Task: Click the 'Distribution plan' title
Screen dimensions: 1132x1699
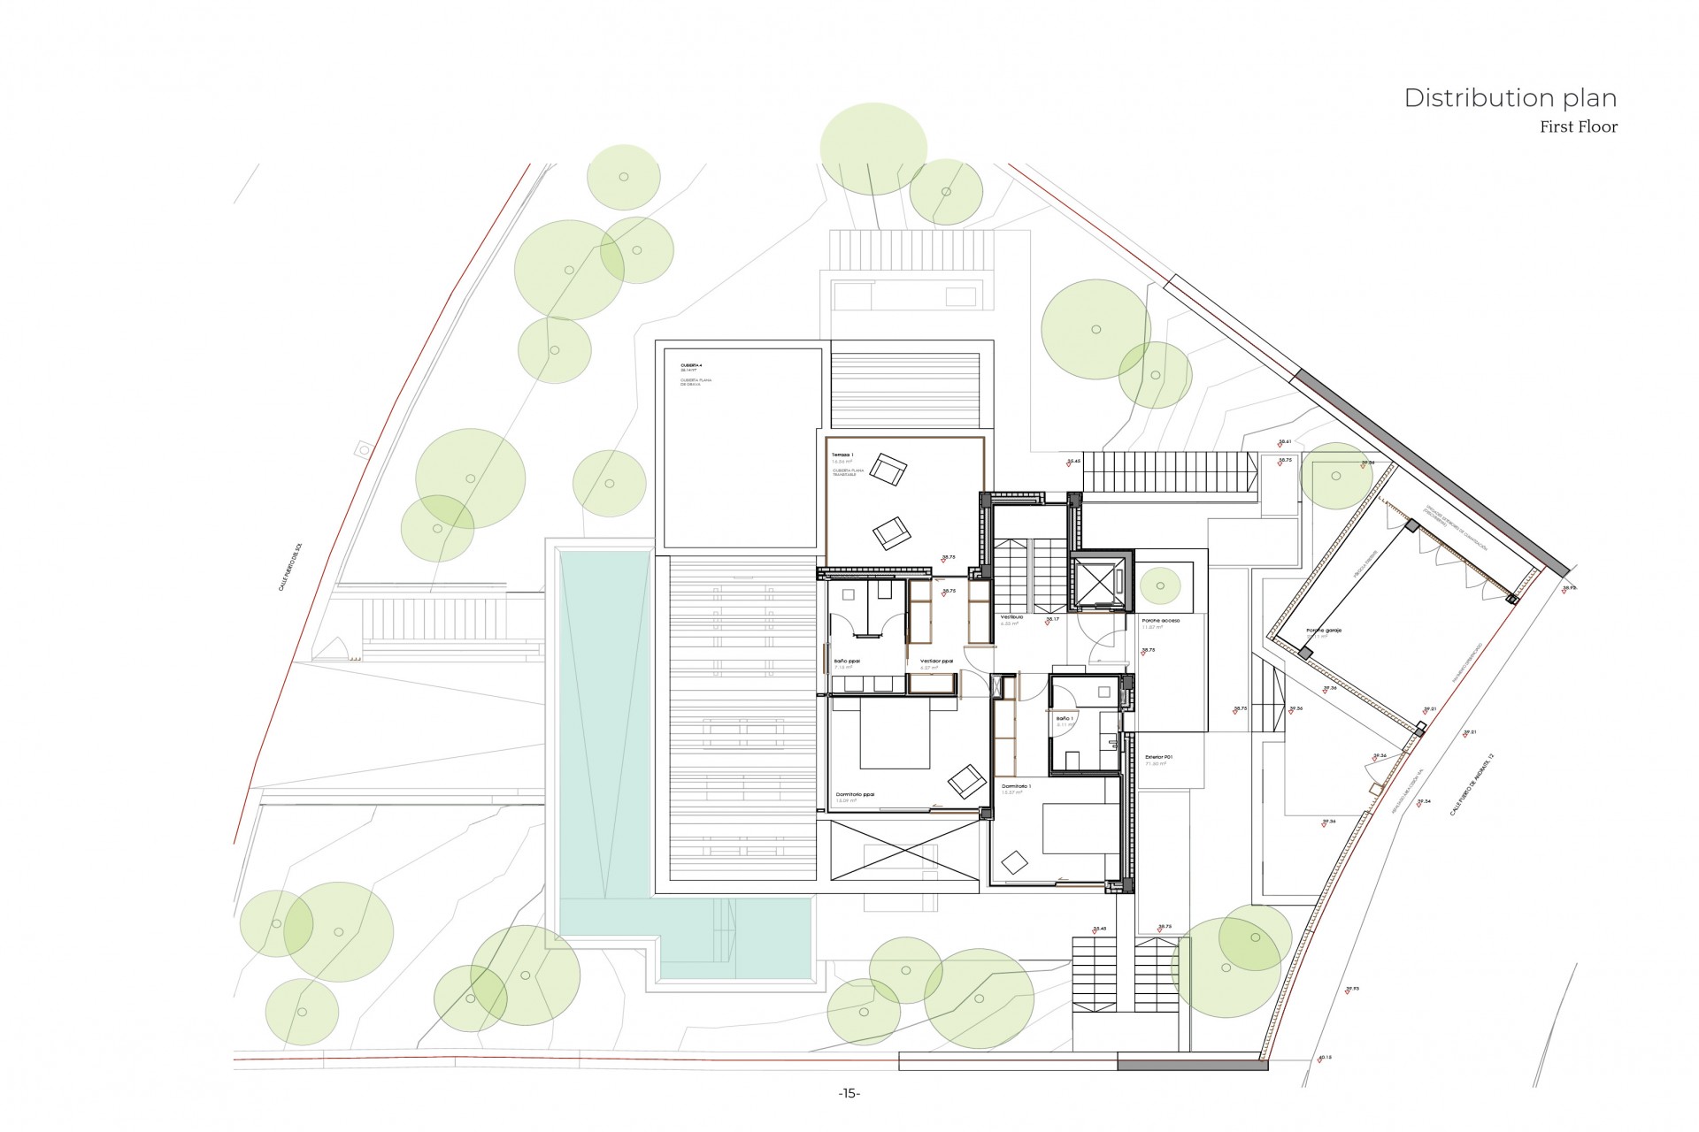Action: coord(1510,98)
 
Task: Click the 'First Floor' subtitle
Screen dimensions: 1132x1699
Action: coord(1578,127)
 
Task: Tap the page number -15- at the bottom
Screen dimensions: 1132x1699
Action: coord(849,1094)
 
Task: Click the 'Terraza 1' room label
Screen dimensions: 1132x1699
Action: coord(842,455)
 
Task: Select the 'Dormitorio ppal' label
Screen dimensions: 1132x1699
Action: coord(855,794)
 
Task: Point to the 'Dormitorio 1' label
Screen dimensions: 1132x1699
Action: coord(1016,785)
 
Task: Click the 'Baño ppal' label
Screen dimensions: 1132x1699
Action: coord(846,661)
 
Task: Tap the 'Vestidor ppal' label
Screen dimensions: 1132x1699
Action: coord(935,661)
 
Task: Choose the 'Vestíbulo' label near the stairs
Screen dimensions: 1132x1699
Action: coord(1011,616)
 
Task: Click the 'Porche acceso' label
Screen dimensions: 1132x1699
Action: coord(1160,621)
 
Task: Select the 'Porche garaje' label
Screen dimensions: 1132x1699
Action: coord(1324,631)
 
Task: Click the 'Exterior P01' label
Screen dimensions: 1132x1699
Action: coord(1158,757)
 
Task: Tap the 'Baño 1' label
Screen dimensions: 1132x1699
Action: coord(1064,718)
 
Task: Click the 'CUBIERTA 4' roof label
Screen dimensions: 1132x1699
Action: coord(691,365)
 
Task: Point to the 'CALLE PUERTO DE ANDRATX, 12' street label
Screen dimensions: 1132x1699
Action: coord(1471,784)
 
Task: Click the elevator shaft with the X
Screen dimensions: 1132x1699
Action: coord(1100,581)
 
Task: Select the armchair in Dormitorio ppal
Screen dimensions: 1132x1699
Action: coord(966,781)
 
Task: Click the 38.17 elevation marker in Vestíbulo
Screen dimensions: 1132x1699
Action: coord(1052,619)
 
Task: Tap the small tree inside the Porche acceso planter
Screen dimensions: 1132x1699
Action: coord(1159,585)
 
